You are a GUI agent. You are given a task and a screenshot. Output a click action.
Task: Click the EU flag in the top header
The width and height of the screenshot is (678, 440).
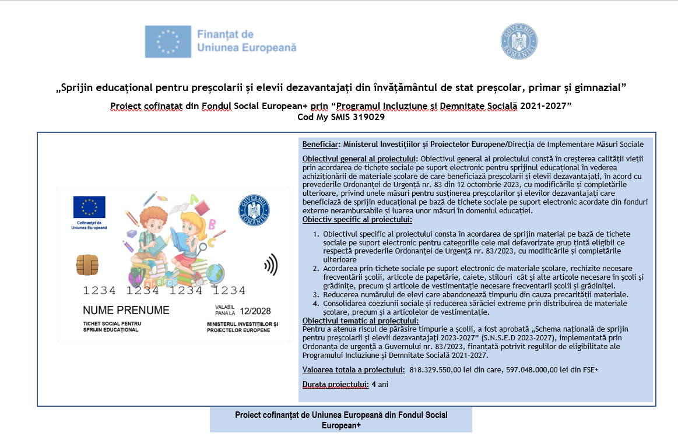(x=168, y=41)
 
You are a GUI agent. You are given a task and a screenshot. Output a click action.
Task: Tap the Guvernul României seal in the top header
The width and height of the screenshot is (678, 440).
(x=518, y=41)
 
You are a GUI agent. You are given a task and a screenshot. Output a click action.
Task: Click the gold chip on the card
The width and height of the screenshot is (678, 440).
(x=87, y=265)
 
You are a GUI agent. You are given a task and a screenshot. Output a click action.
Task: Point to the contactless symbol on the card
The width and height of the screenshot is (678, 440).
(x=270, y=266)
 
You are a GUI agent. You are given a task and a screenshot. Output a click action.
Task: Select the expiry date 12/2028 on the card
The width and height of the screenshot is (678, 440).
(x=255, y=311)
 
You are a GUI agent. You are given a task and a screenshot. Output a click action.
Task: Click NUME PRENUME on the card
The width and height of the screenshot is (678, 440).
(x=126, y=311)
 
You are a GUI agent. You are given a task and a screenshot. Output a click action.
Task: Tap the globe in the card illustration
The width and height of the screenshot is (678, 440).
(x=215, y=273)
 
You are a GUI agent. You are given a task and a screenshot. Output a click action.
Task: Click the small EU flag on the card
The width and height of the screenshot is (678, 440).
(x=89, y=207)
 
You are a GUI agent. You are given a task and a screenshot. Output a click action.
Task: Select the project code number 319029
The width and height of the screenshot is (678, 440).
(x=367, y=117)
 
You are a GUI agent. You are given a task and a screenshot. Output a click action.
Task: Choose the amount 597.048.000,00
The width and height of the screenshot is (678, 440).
(x=533, y=369)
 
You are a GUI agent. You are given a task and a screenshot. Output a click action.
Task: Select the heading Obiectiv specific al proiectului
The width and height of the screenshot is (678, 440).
(x=357, y=220)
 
